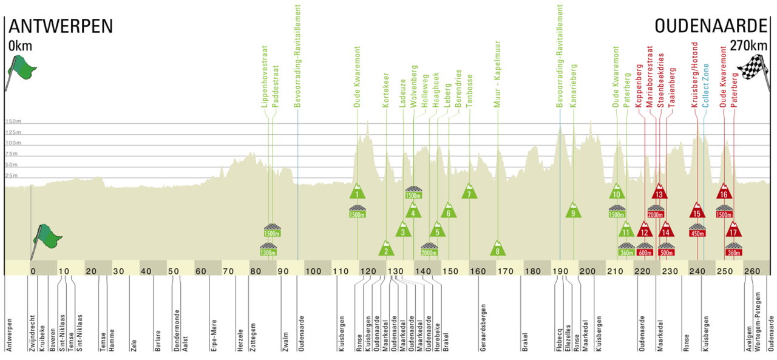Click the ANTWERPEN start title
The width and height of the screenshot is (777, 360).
61,27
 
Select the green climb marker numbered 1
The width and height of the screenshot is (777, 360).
358,192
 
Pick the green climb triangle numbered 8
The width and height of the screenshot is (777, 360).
498,249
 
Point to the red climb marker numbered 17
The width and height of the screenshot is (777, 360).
734,231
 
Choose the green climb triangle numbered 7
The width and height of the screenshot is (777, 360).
469,192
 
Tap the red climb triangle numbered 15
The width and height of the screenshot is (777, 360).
697,211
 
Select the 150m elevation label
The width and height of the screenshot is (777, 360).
13,121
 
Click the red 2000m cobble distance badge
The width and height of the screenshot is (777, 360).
656,214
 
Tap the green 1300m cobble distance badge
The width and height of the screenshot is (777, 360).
268,252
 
